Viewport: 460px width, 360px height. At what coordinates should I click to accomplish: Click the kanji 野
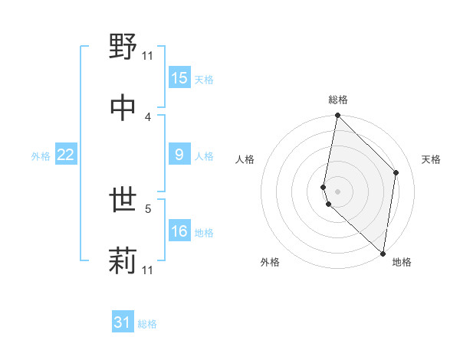pos(123,47)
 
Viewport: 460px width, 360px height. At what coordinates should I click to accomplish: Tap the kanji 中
pos(123,108)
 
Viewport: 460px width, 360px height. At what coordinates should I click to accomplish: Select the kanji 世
pos(123,201)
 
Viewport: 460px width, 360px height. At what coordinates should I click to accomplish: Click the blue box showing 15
pos(179,78)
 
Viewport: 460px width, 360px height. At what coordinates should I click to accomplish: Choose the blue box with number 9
pos(179,155)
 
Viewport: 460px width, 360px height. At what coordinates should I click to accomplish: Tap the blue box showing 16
pos(179,231)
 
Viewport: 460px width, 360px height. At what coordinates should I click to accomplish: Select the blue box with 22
pos(66,155)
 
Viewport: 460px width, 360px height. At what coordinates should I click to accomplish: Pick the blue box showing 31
pos(123,322)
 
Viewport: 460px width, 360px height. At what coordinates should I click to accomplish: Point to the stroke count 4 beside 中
pos(148,116)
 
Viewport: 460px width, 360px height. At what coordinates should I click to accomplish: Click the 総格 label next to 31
pos(147,324)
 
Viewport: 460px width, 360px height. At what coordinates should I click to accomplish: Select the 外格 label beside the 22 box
pos(41,155)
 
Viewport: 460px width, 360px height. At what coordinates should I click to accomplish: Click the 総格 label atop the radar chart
pos(338,100)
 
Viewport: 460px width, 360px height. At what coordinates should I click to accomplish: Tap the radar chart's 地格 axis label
pos(402,262)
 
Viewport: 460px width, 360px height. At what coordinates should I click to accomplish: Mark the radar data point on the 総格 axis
pos(337,116)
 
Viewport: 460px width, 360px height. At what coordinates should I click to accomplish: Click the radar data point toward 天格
pos(396,172)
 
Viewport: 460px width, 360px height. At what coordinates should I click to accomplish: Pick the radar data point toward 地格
pos(383,253)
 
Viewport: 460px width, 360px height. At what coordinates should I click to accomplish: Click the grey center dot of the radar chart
pos(337,190)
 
